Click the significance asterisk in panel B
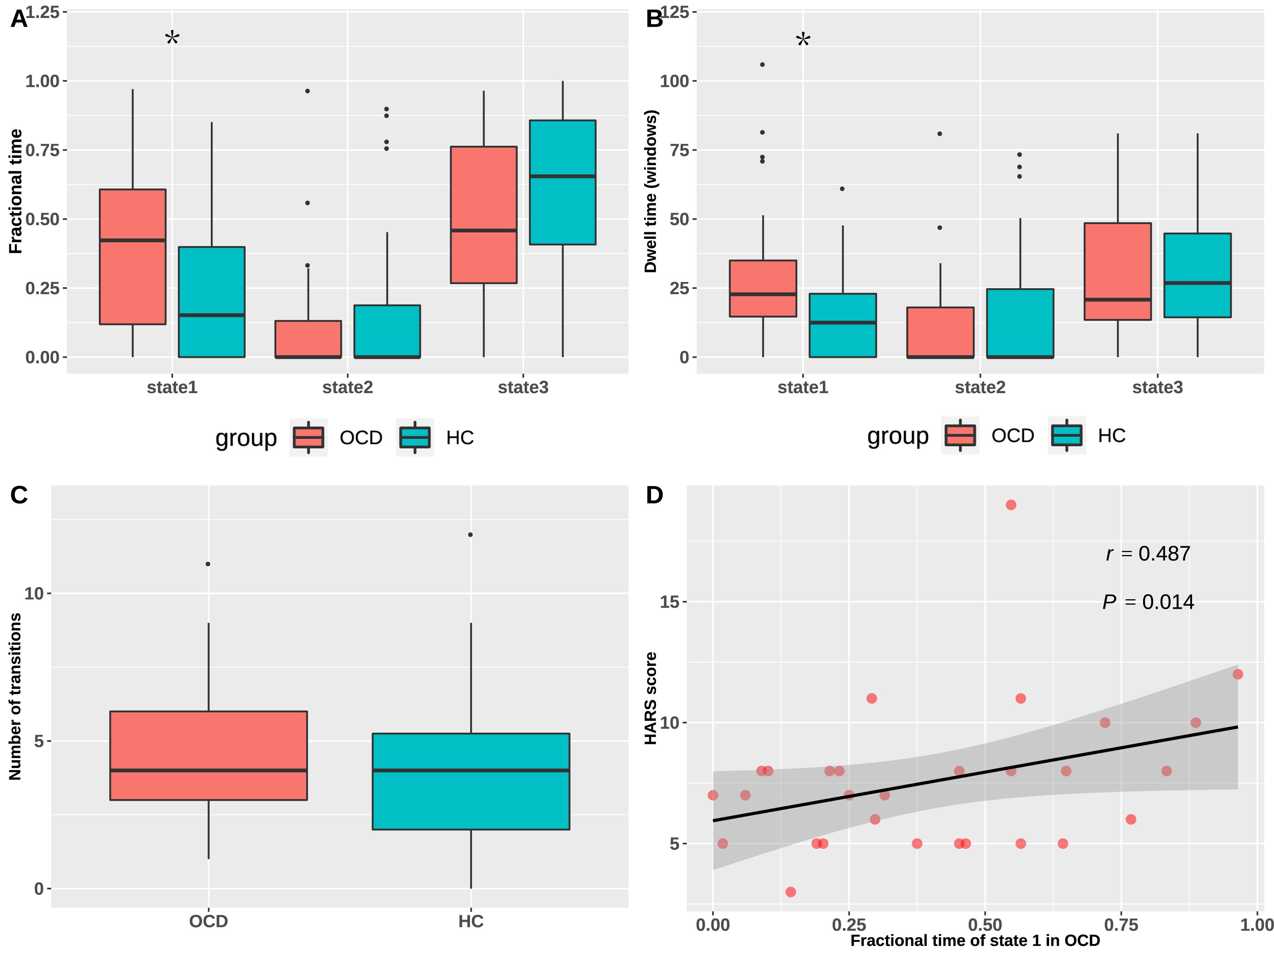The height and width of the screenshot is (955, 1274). pyautogui.click(x=803, y=40)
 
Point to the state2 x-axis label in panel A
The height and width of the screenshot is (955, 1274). pyautogui.click(x=347, y=388)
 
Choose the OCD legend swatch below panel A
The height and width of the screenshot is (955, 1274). pyautogui.click(x=309, y=438)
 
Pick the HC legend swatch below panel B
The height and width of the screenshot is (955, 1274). pyautogui.click(x=1067, y=435)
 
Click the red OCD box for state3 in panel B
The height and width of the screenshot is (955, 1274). pyautogui.click(x=1117, y=271)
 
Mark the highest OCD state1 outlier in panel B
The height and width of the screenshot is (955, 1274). pyautogui.click(x=763, y=65)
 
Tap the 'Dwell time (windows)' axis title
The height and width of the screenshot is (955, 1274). pyautogui.click(x=651, y=191)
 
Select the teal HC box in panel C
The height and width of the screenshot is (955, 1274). pyautogui.click(x=471, y=781)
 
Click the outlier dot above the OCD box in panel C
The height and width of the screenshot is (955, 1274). pyautogui.click(x=208, y=564)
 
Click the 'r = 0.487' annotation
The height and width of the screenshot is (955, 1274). pyautogui.click(x=1148, y=554)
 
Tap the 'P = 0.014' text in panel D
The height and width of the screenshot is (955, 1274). pyautogui.click(x=1148, y=602)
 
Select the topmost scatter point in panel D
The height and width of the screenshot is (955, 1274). pyautogui.click(x=1011, y=505)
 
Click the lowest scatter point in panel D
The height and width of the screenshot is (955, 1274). pyautogui.click(x=791, y=892)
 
